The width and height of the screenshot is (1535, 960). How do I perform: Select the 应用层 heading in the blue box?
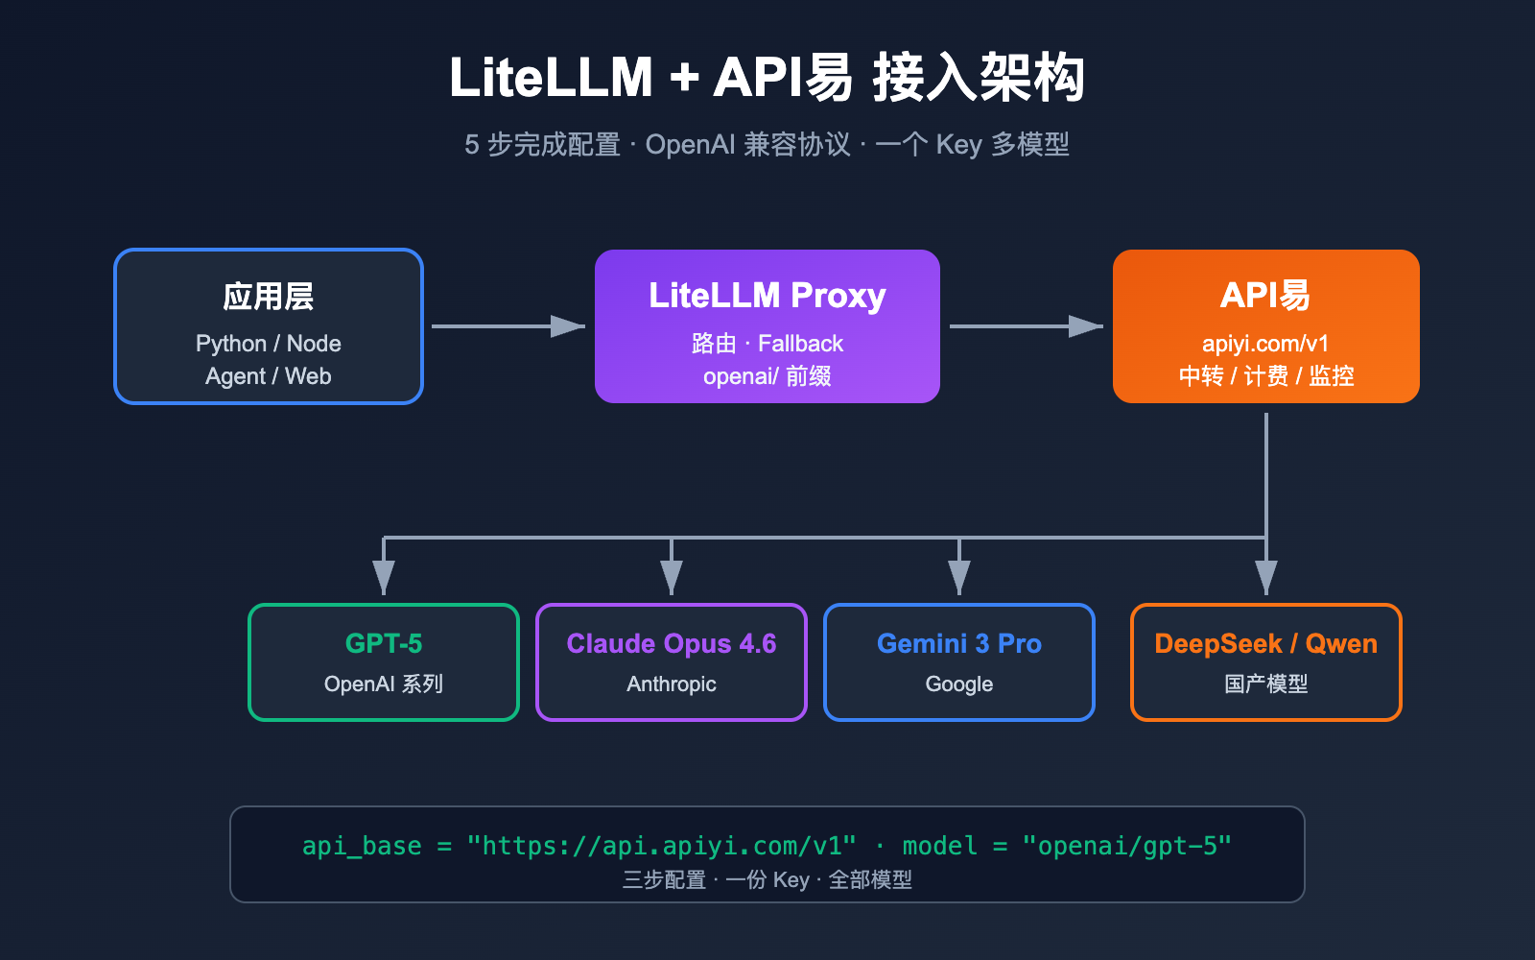pos(269,297)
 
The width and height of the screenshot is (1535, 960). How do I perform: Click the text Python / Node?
pos(269,344)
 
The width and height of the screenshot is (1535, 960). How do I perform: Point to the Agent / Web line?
pos(269,376)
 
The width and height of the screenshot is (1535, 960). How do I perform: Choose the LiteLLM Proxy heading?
pos(767,296)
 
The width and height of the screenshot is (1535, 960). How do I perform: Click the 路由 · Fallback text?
pos(767,344)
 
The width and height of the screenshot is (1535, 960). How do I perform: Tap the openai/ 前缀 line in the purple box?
pos(767,376)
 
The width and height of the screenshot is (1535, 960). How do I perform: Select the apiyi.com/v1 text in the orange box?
pos(1265,344)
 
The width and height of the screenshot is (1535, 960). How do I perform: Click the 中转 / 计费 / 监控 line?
pos(1265,376)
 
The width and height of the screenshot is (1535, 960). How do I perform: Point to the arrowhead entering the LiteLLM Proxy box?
pos(569,326)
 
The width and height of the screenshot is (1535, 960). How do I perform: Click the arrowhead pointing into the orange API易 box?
pos(1087,326)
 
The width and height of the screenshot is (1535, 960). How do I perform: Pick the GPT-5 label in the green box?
pos(384,643)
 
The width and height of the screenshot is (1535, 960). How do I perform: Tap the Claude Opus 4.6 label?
pos(672,643)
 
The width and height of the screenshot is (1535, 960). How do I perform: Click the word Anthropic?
pos(672,684)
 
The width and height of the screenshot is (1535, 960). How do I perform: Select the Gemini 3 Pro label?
pos(959,643)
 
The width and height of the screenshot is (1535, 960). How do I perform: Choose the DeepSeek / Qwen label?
pos(1265,643)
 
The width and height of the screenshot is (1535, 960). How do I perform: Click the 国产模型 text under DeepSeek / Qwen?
pos(1265,684)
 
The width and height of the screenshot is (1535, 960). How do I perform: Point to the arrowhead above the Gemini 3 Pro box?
pos(959,578)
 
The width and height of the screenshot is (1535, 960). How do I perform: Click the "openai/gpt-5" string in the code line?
pos(1127,846)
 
